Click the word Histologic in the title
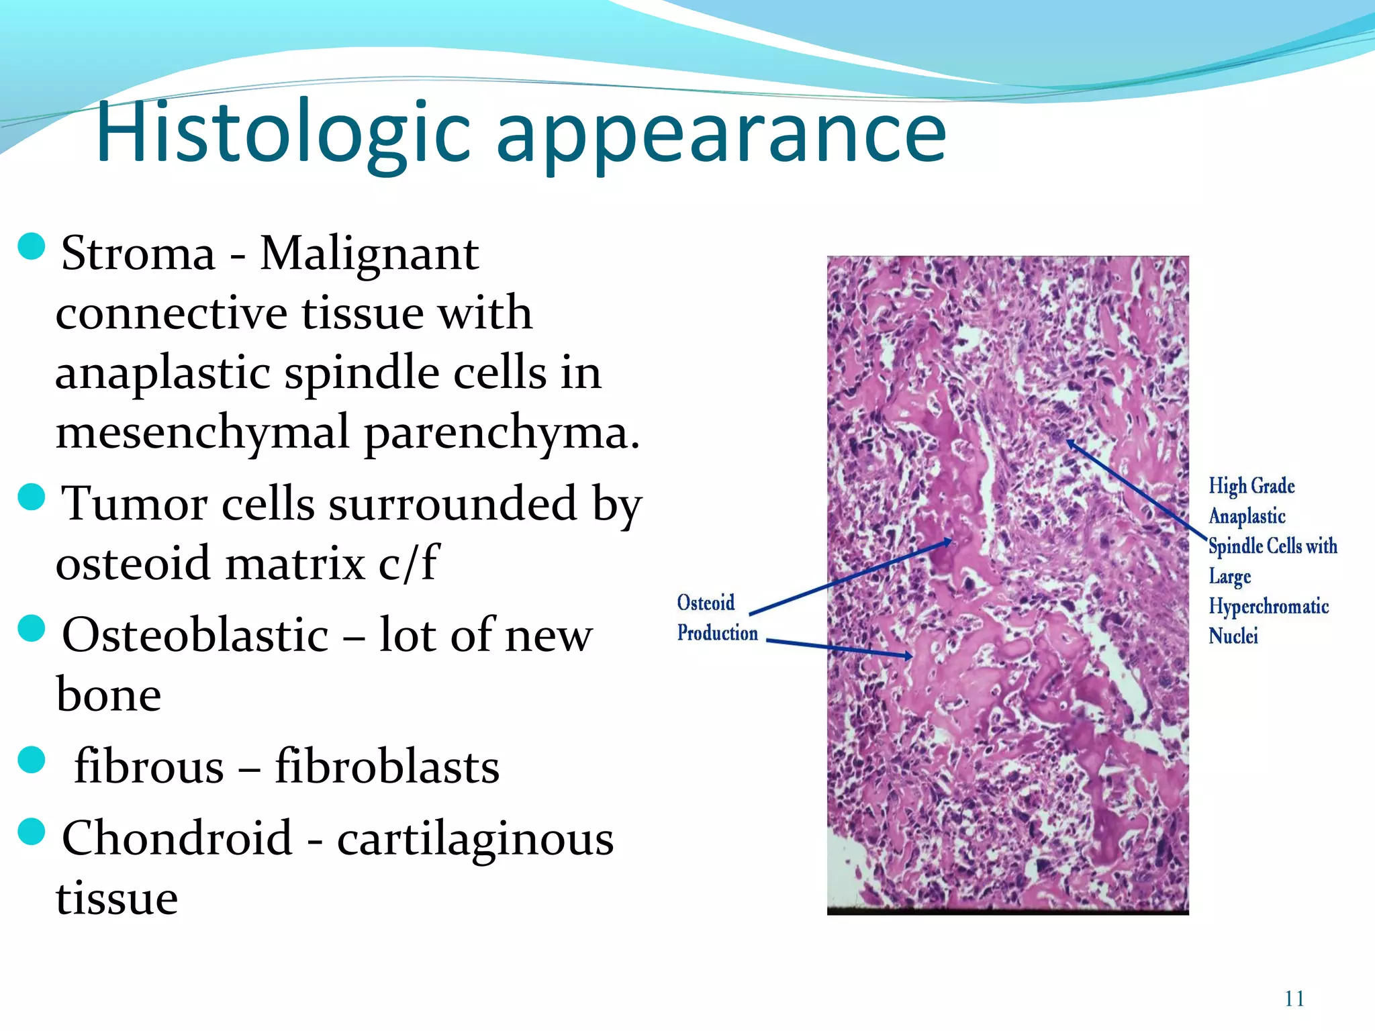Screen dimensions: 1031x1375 [282, 132]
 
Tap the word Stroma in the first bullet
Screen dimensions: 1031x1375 [138, 254]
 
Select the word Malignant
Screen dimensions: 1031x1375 [369, 254]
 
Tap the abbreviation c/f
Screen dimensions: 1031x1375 [408, 562]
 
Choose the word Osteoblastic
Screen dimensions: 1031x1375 [195, 635]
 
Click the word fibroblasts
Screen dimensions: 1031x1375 [387, 767]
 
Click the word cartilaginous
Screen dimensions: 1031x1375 [475, 838]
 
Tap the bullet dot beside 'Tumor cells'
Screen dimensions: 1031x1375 [32, 497]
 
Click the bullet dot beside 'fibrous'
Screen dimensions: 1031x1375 [32, 760]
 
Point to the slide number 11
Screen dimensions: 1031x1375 [1294, 999]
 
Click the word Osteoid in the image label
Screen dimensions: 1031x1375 [706, 602]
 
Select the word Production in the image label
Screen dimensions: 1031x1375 [717, 632]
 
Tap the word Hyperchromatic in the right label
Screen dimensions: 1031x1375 [1268, 606]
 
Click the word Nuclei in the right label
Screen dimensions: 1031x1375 [1233, 636]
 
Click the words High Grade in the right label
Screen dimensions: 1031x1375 [1251, 485]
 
